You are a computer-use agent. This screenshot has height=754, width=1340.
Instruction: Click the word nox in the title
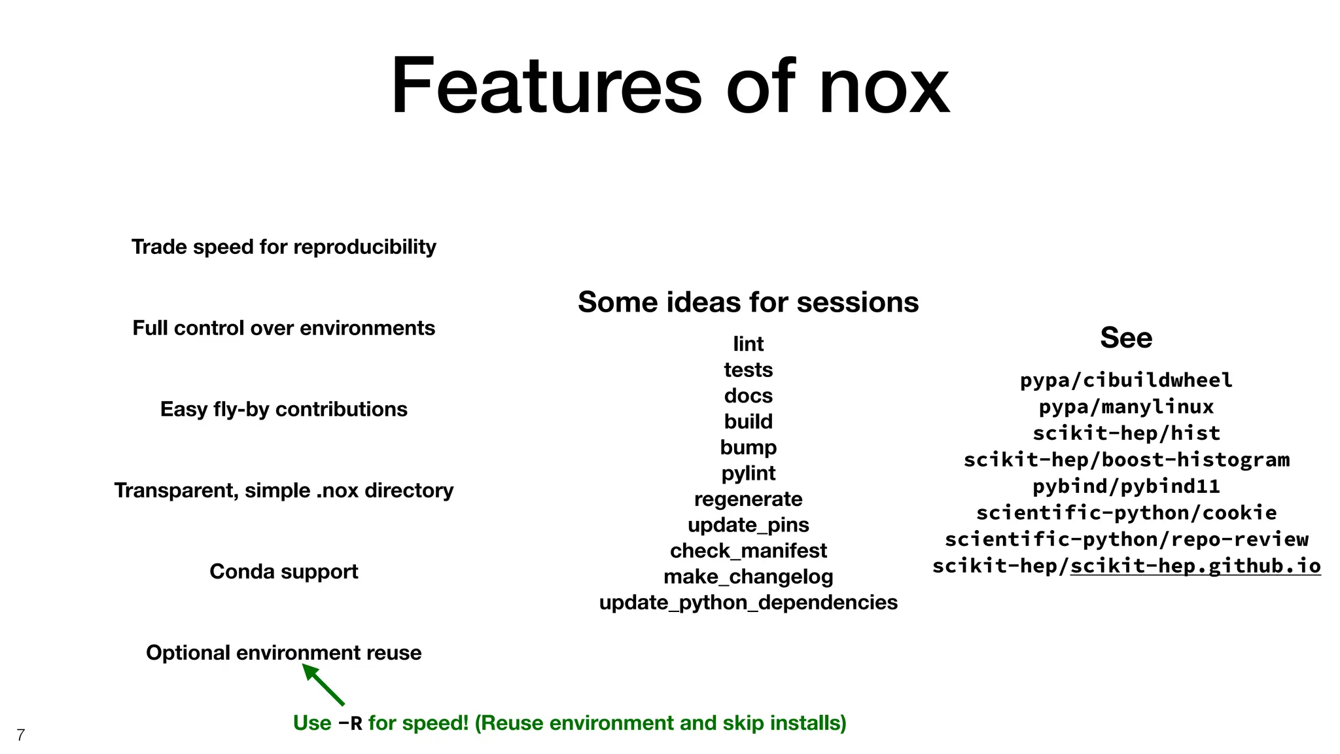coord(883,88)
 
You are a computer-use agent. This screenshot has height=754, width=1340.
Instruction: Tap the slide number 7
coord(20,735)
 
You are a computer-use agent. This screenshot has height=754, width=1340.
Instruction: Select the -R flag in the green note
coord(350,723)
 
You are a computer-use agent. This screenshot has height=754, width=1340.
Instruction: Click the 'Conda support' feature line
coord(283,571)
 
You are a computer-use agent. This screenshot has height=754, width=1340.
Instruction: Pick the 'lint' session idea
coord(748,344)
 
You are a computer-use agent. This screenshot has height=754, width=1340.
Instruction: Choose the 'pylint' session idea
coord(748,473)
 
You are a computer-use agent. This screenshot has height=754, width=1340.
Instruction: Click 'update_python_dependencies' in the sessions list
coord(748,602)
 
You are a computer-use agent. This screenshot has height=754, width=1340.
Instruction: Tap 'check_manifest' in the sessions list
coord(748,550)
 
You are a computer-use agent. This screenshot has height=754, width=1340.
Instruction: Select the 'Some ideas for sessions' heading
coord(748,302)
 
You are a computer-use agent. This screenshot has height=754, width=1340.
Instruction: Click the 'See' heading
coord(1125,338)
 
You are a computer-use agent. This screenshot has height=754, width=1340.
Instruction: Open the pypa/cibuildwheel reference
coord(1125,380)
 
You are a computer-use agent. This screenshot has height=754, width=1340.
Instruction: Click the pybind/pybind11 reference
coord(1125,486)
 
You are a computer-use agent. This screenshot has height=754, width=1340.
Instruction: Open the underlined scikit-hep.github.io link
coord(1195,565)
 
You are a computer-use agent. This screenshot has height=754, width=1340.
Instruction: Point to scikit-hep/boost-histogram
coord(1125,459)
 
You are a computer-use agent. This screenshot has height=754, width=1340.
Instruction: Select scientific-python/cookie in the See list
coord(1125,512)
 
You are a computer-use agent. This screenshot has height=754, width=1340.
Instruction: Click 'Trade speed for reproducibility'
coord(283,247)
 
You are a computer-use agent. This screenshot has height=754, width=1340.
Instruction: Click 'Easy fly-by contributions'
coord(283,409)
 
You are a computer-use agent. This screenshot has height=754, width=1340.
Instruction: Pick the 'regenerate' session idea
coord(748,499)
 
